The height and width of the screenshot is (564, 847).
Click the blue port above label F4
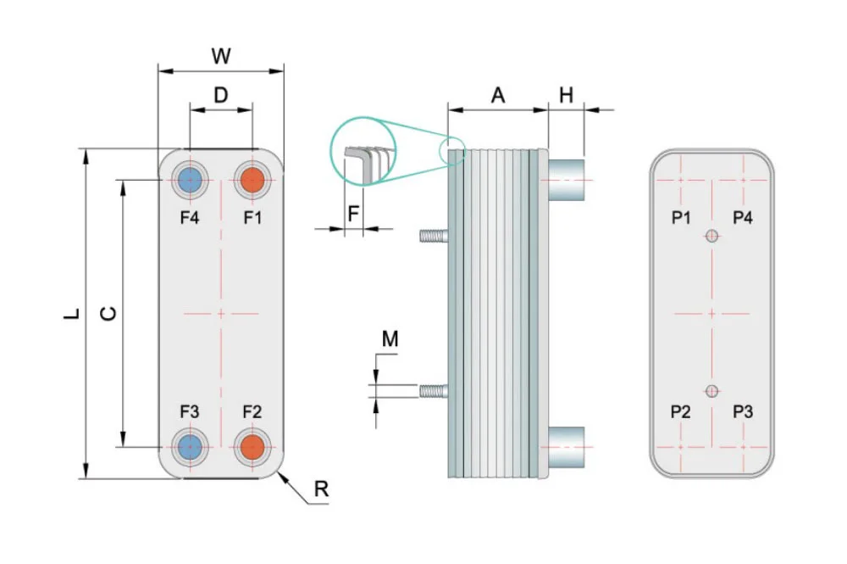pyautogui.click(x=189, y=180)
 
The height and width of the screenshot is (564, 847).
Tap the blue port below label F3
pyautogui.click(x=189, y=446)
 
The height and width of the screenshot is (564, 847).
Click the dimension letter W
pyautogui.click(x=220, y=57)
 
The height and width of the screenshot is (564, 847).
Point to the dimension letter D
pyautogui.click(x=220, y=95)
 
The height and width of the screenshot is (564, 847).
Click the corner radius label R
pyautogui.click(x=320, y=489)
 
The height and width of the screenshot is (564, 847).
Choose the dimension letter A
pyautogui.click(x=498, y=96)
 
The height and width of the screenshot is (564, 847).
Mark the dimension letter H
pyautogui.click(x=566, y=96)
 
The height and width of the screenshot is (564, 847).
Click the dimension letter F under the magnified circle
pyautogui.click(x=352, y=213)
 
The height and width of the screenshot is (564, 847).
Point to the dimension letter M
pyautogui.click(x=390, y=340)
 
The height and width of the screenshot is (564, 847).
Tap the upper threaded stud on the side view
pyautogui.click(x=433, y=237)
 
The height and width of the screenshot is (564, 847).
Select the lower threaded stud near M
pyautogui.click(x=433, y=391)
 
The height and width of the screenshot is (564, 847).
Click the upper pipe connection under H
pyautogui.click(x=566, y=180)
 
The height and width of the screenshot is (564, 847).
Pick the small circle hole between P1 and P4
pyautogui.click(x=712, y=237)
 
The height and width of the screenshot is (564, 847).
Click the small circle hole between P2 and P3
pyautogui.click(x=712, y=390)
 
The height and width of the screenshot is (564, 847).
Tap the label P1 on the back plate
pyautogui.click(x=681, y=218)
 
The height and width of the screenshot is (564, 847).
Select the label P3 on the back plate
pyautogui.click(x=743, y=412)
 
